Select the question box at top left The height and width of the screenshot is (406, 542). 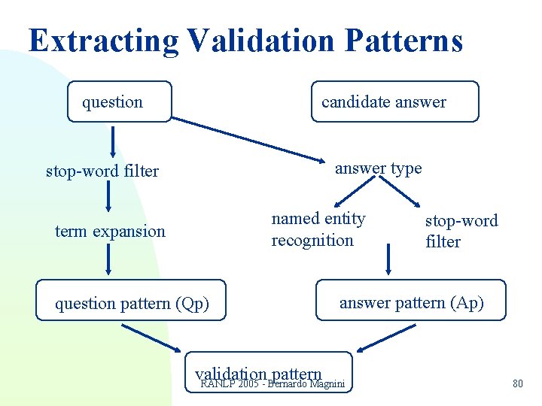tap(119, 101)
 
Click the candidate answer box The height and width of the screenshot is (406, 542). tap(394, 101)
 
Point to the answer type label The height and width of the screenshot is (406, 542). tap(378, 168)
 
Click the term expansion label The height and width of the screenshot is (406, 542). tap(110, 232)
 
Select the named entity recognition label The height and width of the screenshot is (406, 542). tap(318, 229)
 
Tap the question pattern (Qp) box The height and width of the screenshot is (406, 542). tap(132, 303)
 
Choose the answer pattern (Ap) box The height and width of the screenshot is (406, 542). tap(411, 302)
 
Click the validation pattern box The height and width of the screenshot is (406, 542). tap(268, 374)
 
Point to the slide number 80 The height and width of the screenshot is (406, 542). tap(517, 384)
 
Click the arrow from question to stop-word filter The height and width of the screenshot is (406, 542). tap(113, 142)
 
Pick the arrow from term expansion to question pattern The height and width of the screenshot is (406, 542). tap(110, 262)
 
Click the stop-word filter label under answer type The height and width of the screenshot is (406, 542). tap(461, 231)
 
